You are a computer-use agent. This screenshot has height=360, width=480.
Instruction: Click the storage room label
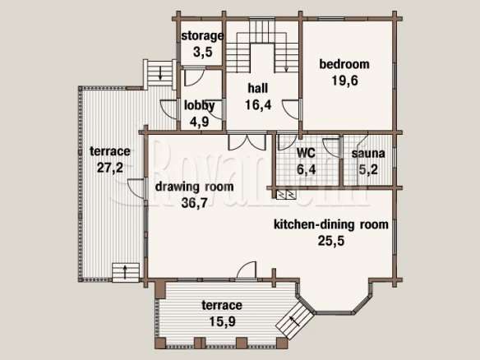[202, 36]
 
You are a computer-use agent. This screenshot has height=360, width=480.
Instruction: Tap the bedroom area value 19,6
[344, 81]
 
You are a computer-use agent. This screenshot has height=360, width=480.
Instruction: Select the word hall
[258, 88]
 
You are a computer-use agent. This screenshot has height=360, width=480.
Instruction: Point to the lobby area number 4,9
[199, 122]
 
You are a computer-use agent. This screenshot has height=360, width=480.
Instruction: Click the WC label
[306, 152]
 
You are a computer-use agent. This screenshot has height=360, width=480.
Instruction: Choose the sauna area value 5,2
[368, 169]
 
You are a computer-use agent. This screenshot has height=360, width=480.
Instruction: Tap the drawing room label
[195, 187]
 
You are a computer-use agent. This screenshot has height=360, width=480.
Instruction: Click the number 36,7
[195, 203]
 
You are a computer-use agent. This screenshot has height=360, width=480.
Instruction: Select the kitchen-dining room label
[331, 224]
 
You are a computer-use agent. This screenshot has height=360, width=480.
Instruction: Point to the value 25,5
[331, 241]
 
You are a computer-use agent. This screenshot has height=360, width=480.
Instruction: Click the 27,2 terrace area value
[110, 168]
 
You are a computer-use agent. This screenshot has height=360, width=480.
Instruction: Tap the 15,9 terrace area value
[222, 321]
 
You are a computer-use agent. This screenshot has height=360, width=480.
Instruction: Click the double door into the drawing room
[247, 141]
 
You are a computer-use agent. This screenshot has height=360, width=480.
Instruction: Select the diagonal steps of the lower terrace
[295, 320]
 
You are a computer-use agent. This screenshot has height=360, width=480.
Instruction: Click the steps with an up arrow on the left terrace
[126, 272]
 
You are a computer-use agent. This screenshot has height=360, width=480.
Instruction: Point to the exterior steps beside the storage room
[159, 75]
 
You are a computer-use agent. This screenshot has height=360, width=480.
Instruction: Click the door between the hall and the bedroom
[291, 109]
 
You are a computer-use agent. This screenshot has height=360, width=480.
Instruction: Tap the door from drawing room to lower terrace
[247, 270]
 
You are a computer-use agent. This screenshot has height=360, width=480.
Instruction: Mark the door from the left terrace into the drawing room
[136, 188]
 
